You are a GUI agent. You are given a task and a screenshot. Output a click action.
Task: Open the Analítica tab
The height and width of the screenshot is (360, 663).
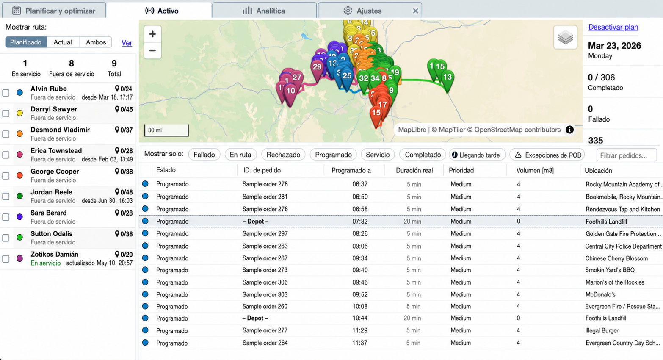[264, 11]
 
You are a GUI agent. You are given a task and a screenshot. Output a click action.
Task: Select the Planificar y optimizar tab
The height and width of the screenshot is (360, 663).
[54, 11]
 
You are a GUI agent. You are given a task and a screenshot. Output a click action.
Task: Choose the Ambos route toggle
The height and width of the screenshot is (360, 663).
[96, 42]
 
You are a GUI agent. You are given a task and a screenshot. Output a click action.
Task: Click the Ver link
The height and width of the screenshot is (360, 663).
[127, 43]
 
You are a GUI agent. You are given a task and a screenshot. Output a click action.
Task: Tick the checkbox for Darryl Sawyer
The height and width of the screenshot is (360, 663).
[6, 114]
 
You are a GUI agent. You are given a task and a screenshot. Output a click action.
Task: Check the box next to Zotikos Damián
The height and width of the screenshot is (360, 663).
[6, 259]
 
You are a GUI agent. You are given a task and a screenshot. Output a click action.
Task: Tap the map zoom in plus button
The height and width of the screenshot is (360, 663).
[152, 34]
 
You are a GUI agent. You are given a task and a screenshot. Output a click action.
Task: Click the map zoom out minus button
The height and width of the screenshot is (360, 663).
[152, 50]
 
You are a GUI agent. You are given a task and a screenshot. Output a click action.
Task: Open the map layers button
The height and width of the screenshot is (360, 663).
[565, 37]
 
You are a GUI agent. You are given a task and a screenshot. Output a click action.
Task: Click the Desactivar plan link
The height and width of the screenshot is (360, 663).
[613, 27]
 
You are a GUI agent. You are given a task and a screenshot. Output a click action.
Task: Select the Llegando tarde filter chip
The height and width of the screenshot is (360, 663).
[477, 155]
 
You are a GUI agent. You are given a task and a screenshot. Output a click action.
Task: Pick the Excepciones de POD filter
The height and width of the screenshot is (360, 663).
[547, 155]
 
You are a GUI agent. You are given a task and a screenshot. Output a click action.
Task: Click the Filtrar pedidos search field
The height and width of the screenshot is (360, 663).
[627, 155]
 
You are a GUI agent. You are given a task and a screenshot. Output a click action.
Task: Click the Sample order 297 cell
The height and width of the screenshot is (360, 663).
[265, 234]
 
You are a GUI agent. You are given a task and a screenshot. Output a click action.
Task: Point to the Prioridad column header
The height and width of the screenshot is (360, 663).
[461, 170]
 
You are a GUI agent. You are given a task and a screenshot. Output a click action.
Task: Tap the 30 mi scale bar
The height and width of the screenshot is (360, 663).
[166, 130]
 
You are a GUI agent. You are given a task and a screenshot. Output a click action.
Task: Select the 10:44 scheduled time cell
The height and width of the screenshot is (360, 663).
[360, 318]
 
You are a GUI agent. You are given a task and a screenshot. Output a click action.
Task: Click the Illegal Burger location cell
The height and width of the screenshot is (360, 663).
[602, 330]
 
